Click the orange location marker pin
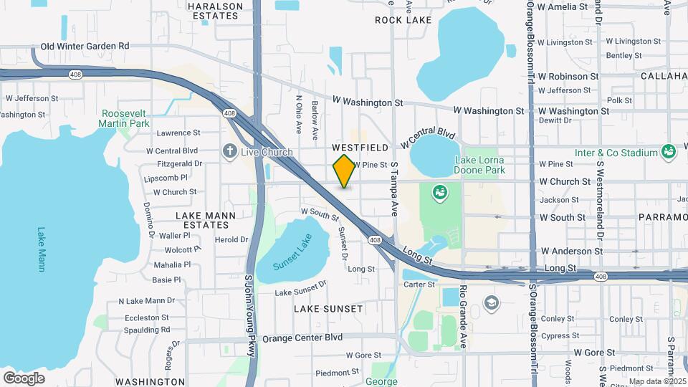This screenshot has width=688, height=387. click(x=344, y=171)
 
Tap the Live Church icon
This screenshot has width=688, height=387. click(x=230, y=151)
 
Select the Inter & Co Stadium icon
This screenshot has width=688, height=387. click(x=670, y=152)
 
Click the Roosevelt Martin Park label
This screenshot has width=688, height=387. click(x=125, y=118)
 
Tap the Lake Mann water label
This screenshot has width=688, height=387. click(x=42, y=249)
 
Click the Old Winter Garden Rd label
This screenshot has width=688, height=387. click(x=85, y=46)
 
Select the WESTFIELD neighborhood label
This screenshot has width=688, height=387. click(x=360, y=147)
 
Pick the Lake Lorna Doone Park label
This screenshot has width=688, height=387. click(x=479, y=165)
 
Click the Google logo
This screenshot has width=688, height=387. click(x=24, y=378)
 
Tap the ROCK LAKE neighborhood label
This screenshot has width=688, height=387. click(x=403, y=20)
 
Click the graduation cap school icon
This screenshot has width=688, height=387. click(x=491, y=301)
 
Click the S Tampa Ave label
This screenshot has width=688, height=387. click(x=394, y=189)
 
